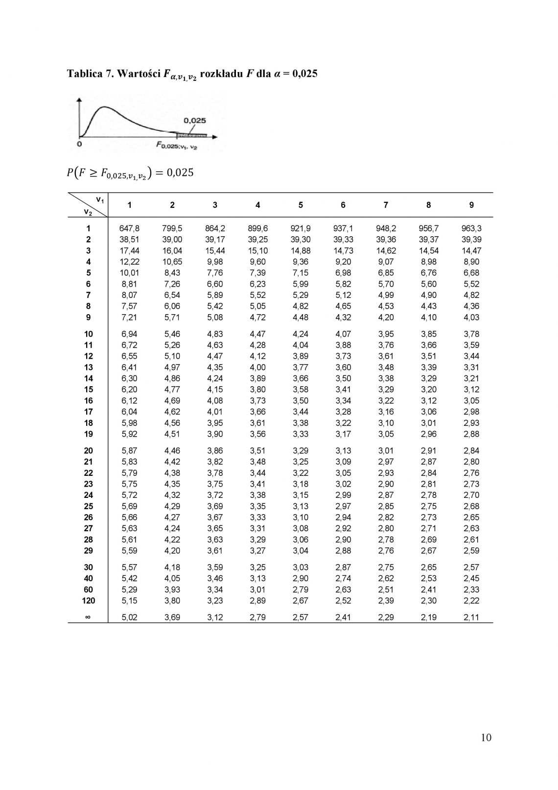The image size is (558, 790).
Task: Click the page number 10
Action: click(x=486, y=738)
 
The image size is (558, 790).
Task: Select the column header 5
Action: click(x=301, y=205)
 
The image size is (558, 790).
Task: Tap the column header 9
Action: click(x=471, y=205)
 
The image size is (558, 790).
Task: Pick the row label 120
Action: click(x=89, y=601)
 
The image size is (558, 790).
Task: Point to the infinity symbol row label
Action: click(x=89, y=617)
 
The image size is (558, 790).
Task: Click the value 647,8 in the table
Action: click(x=129, y=228)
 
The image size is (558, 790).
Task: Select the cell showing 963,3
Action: click(x=471, y=228)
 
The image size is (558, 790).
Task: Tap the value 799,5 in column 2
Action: click(x=172, y=228)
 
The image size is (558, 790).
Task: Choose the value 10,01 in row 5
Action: click(x=129, y=273)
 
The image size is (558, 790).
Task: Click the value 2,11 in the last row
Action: click(x=471, y=617)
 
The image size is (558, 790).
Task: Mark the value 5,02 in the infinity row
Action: click(x=129, y=617)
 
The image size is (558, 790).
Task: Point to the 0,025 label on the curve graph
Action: click(x=194, y=121)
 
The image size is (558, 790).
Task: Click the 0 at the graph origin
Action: click(x=79, y=144)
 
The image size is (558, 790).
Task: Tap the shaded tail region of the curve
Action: click(x=191, y=134)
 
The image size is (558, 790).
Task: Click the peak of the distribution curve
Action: click(x=101, y=107)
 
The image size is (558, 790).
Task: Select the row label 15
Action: click(x=89, y=390)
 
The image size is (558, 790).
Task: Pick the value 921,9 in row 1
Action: click(x=301, y=228)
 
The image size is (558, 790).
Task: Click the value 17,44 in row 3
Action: click(x=129, y=250)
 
